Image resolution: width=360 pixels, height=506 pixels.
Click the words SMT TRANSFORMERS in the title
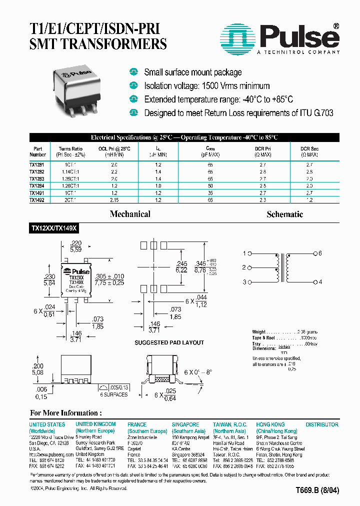click(x=98, y=44)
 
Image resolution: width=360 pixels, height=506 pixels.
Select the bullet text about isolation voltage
click(x=206, y=86)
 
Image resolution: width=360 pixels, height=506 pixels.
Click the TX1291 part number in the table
click(x=36, y=164)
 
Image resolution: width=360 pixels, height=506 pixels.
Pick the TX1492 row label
click(x=36, y=200)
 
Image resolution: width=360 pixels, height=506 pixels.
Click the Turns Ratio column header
click(x=70, y=149)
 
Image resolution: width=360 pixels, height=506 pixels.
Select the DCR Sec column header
click(x=309, y=149)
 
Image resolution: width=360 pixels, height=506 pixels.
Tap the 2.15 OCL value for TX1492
click(x=114, y=200)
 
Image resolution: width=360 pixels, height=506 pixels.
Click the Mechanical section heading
click(x=130, y=214)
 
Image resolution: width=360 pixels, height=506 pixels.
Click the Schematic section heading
click(x=285, y=214)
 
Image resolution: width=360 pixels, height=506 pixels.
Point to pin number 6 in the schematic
click(x=320, y=253)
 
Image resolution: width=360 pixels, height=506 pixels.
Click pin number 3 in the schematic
click(x=244, y=282)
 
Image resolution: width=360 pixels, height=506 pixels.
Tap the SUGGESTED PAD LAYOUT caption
click(x=169, y=342)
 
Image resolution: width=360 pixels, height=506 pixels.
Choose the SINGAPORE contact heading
click(x=185, y=424)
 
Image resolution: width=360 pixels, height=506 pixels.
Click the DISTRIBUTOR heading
click(x=322, y=424)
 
